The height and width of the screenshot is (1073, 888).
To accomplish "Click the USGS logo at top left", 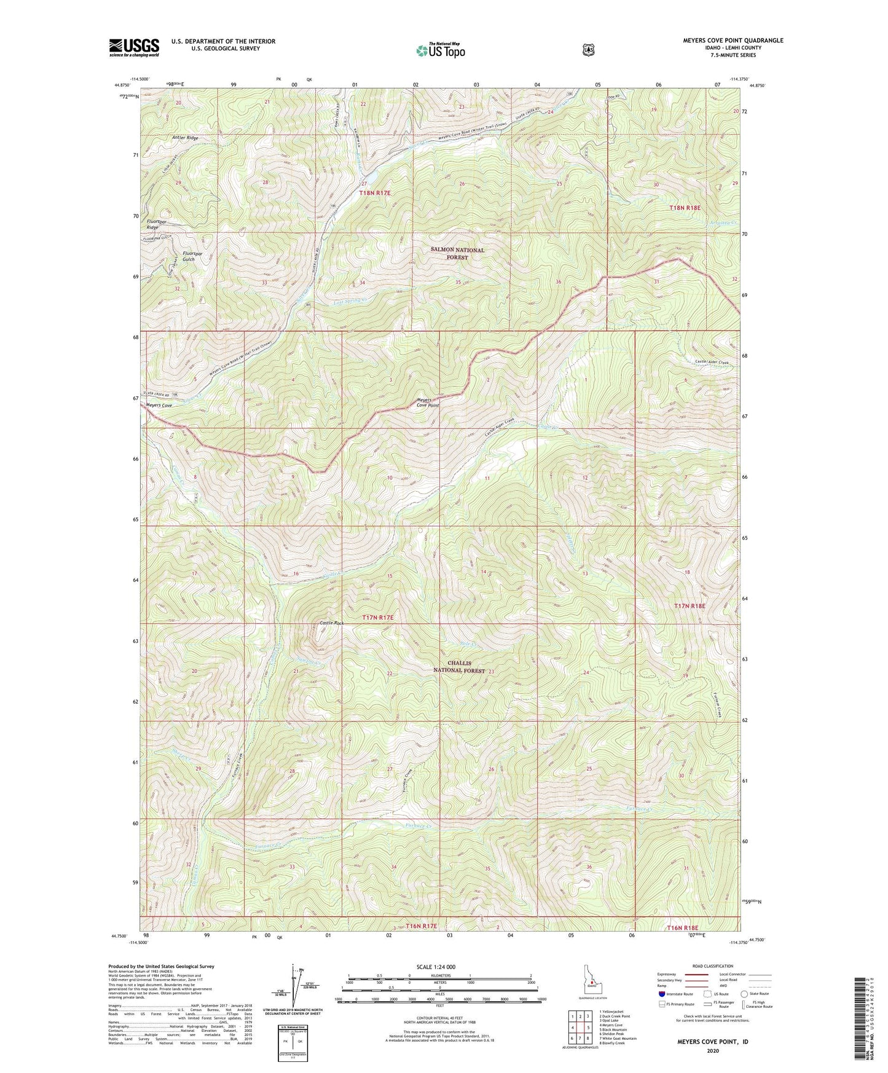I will coord(134,47).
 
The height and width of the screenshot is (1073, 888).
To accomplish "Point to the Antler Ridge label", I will coord(185,138).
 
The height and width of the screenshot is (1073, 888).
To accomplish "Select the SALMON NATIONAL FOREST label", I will coord(457,254).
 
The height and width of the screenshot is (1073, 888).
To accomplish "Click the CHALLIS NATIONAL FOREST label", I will coord(459,667).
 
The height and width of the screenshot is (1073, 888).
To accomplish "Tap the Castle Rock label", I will coord(331,623).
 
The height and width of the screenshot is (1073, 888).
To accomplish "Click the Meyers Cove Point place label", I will coord(427,403).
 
